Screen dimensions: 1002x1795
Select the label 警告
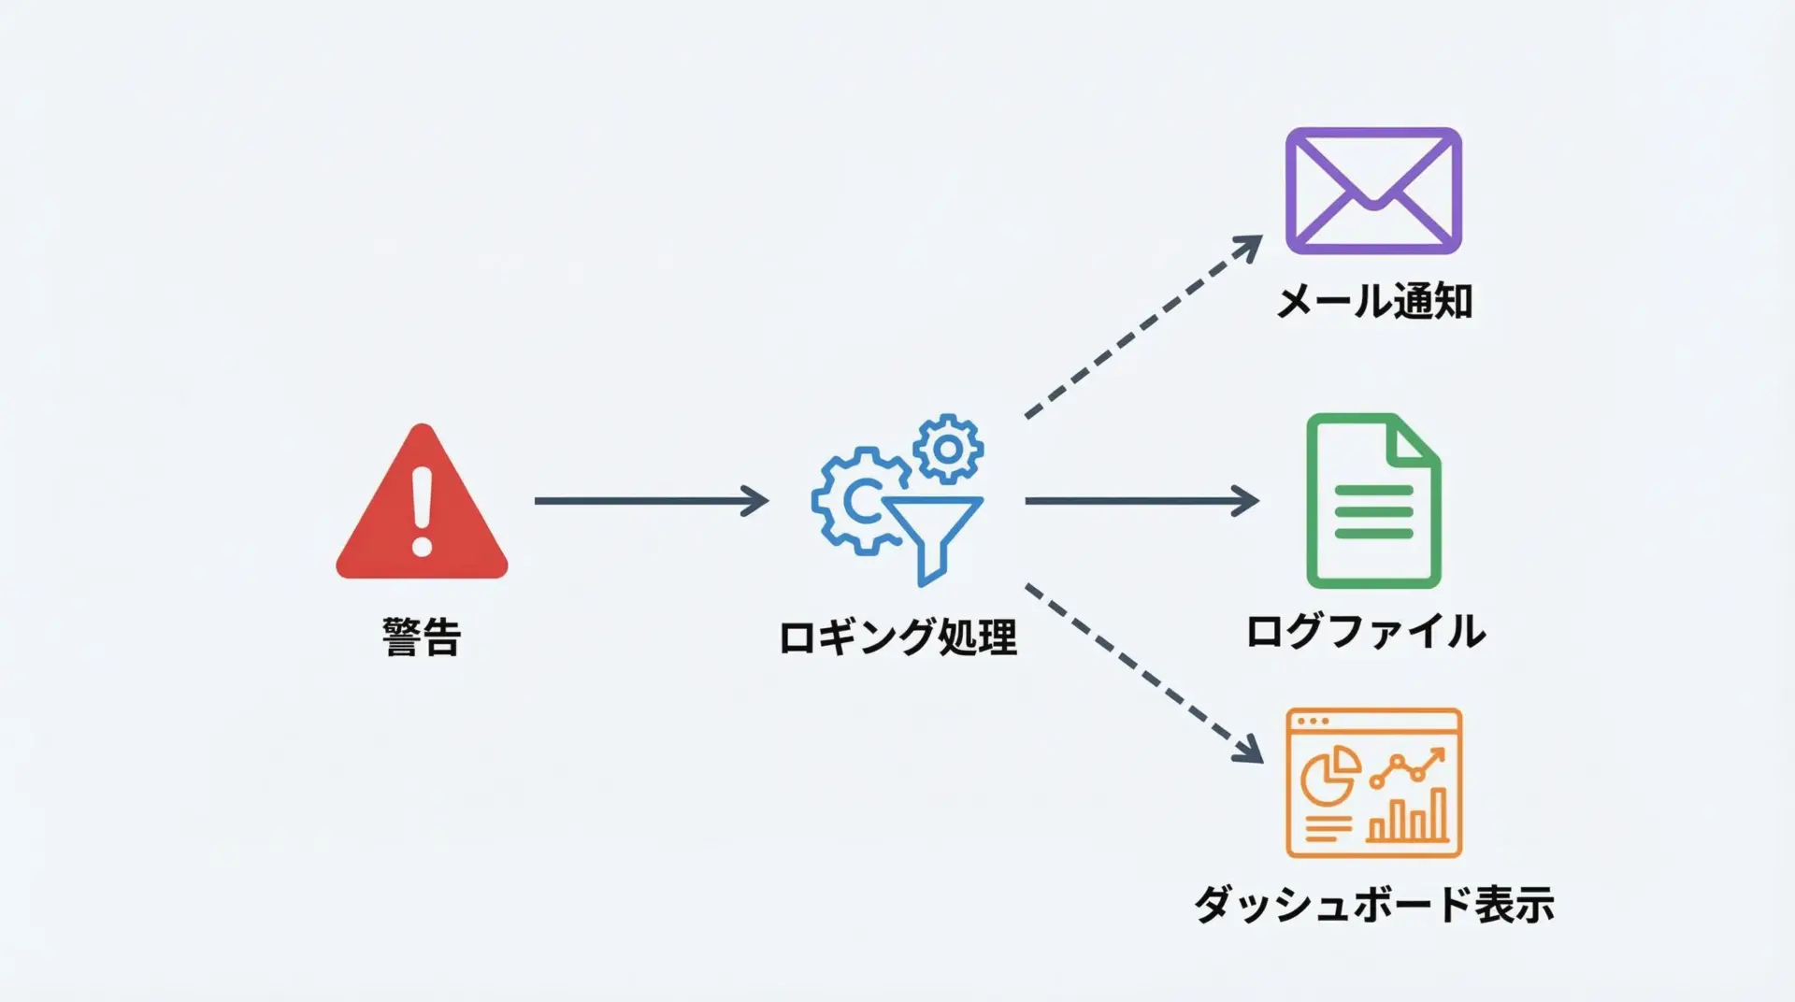pyautogui.click(x=422, y=637)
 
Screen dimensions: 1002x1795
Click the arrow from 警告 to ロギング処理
pyautogui.click(x=651, y=501)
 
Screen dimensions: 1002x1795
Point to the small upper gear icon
pyautogui.click(x=948, y=450)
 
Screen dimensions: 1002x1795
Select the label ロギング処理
pyautogui.click(x=897, y=637)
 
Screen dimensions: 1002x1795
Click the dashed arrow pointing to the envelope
pyautogui.click(x=1142, y=328)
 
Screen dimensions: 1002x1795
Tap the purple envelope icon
pyautogui.click(x=1372, y=191)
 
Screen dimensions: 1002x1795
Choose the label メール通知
pyautogui.click(x=1374, y=301)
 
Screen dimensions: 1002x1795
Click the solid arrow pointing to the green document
pyautogui.click(x=1142, y=501)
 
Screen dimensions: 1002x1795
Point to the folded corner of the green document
pyautogui.click(x=1415, y=441)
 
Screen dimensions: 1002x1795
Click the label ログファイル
pyautogui.click(x=1365, y=631)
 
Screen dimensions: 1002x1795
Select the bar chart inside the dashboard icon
pyautogui.click(x=1408, y=816)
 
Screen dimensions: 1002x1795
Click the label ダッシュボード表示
pyautogui.click(x=1373, y=904)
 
